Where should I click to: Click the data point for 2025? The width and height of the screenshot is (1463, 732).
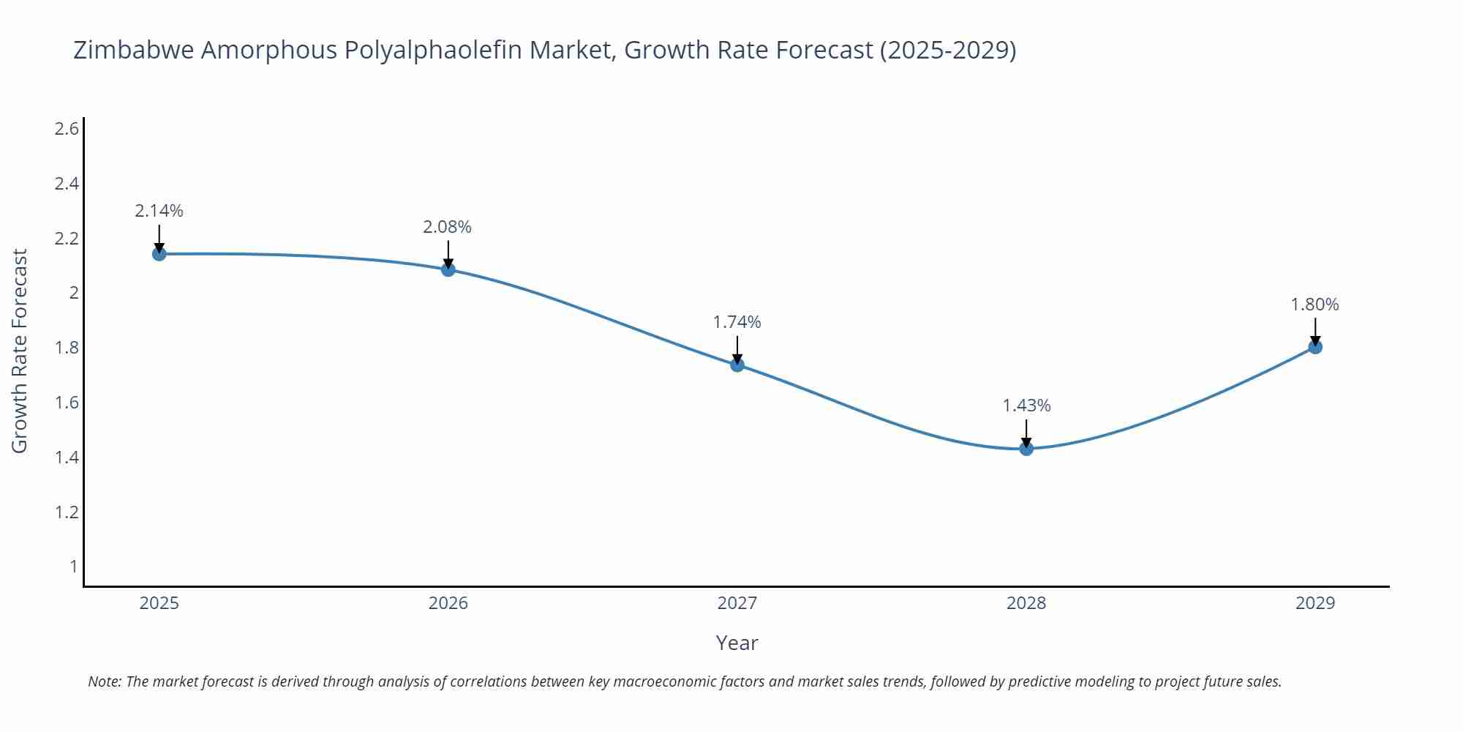159,254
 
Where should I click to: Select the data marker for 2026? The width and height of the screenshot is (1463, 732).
448,269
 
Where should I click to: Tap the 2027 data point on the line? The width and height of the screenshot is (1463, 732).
737,365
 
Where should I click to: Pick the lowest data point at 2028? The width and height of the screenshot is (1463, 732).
1026,449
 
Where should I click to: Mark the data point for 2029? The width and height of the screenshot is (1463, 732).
1315,347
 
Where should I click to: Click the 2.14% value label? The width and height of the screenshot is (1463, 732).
159,211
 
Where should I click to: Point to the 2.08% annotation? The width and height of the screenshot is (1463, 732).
448,227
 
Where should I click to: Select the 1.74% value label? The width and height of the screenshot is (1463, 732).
737,322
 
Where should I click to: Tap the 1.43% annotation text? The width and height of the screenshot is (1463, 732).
1026,406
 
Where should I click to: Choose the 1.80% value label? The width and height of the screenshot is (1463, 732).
1315,305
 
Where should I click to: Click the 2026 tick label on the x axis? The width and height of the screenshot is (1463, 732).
448,603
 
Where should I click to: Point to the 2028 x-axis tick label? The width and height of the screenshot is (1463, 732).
1026,603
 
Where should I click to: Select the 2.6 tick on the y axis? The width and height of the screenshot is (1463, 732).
67,129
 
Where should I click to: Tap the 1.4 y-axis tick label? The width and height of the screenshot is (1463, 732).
67,457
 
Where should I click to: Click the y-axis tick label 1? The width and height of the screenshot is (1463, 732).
73,566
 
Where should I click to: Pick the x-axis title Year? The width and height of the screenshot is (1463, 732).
737,643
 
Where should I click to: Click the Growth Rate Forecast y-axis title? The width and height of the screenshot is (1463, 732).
20,351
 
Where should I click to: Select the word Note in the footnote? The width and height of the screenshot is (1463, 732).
104,681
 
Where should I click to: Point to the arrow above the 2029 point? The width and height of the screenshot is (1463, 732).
1315,331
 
